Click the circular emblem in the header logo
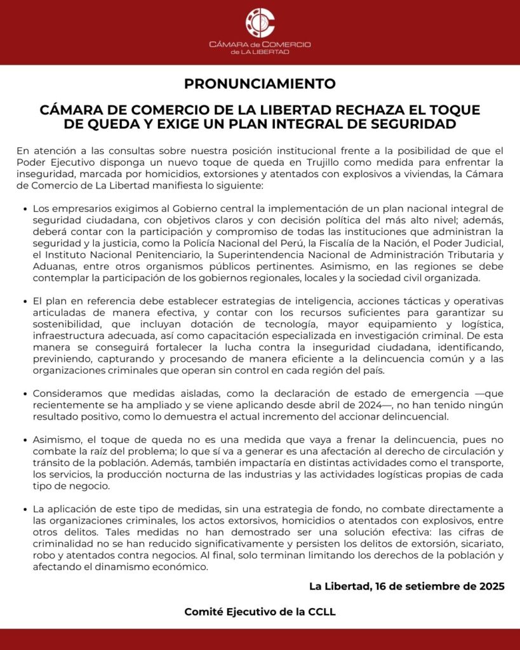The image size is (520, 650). click(x=260, y=22)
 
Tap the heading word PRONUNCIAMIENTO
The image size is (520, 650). click(x=260, y=84)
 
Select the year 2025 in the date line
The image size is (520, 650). click(x=491, y=587)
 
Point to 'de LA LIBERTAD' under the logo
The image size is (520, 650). click(x=260, y=52)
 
